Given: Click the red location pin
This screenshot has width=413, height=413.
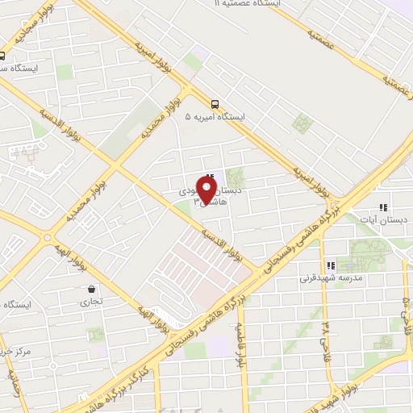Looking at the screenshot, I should tap(208, 192).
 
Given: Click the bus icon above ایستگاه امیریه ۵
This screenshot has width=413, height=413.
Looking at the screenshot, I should tap(215, 104).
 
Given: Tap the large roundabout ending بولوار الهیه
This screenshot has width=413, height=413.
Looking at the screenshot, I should tap(48, 239).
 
